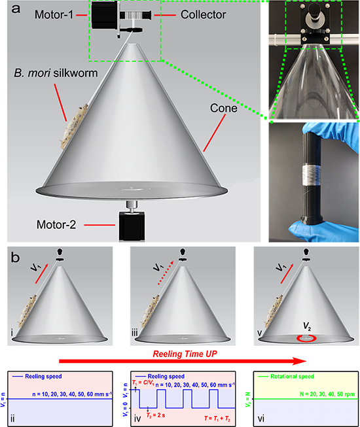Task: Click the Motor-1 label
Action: tap(54, 14)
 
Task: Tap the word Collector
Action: tap(204, 14)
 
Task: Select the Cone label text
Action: tap(223, 108)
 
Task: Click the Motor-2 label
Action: tap(56, 225)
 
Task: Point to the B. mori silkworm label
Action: tap(56, 73)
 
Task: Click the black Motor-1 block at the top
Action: tap(104, 15)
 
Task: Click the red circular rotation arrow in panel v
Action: tap(307, 339)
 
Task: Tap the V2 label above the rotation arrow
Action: tap(307, 326)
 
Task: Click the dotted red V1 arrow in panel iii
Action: tap(166, 273)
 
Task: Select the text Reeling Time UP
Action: tap(185, 354)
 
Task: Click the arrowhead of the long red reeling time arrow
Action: tap(300, 362)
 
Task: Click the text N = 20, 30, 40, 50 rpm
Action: tap(327, 394)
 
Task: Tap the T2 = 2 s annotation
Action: tap(156, 415)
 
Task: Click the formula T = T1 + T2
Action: tap(217, 418)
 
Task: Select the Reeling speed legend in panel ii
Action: tap(37, 377)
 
